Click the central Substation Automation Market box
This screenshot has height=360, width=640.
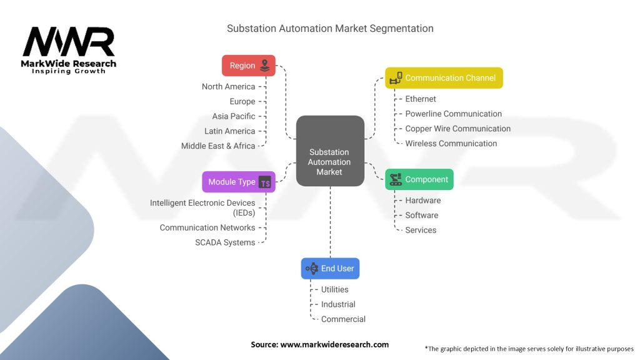click(x=329, y=151)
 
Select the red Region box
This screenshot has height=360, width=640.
click(x=248, y=66)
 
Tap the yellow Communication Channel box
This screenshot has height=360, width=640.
click(x=444, y=78)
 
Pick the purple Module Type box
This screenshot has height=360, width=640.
click(x=238, y=182)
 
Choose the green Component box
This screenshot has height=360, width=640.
click(x=419, y=179)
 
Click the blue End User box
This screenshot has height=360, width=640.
click(x=330, y=268)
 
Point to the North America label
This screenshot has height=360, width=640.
click(x=228, y=87)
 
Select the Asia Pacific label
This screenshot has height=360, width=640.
click(x=234, y=116)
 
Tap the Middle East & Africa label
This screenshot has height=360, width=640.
click(x=218, y=146)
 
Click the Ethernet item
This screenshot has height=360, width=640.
click(x=421, y=99)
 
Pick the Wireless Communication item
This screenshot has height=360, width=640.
click(x=451, y=143)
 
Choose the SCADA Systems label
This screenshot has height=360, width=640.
click(x=225, y=242)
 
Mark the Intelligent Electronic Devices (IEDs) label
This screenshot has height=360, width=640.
click(x=202, y=207)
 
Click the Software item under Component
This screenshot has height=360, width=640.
click(x=422, y=215)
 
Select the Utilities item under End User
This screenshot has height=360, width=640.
click(x=335, y=289)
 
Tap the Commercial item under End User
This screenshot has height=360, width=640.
click(x=343, y=319)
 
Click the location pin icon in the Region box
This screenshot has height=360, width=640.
click(x=265, y=65)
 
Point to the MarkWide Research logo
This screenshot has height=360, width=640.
click(x=69, y=50)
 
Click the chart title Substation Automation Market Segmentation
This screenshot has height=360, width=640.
click(x=330, y=28)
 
